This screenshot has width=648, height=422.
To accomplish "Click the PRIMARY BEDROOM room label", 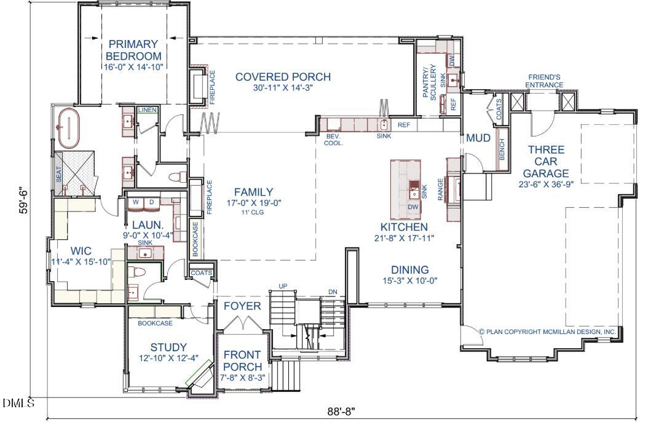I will pos(133,50).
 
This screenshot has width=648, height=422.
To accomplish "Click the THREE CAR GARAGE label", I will pos(545,162).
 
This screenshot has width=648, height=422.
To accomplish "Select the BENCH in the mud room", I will pos(502,146).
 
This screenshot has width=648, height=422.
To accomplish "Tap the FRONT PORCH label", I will pos(242,361).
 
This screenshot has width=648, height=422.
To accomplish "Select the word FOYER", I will pos(242,306).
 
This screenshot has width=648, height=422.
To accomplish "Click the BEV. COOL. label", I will pos(334,140).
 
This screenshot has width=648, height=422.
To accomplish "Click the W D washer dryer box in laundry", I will pos(144,202).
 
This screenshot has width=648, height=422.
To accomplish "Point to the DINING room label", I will pos(410,270).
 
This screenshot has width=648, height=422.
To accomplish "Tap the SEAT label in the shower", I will pos(59,175).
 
